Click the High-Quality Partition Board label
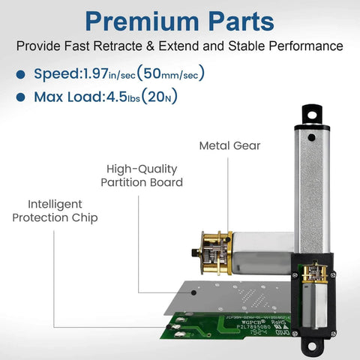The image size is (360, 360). (x=145, y=175)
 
